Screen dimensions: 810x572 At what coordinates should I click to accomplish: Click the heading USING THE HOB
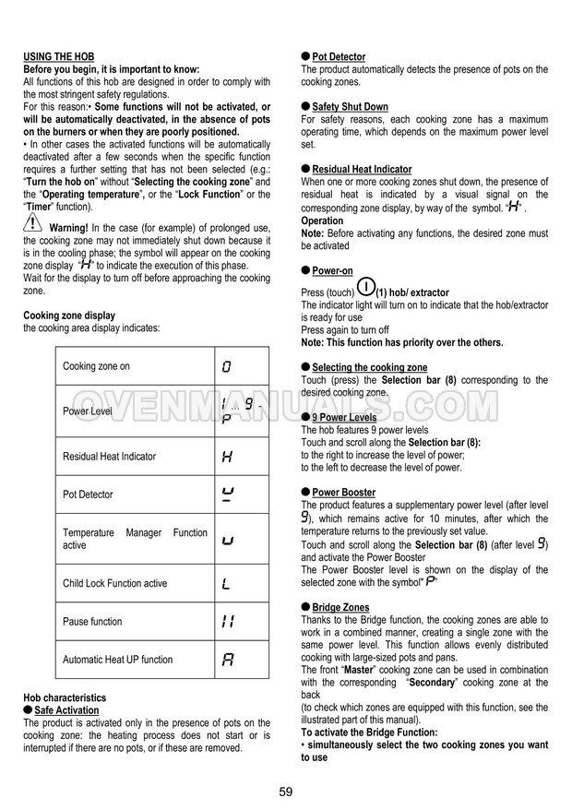pos(58,57)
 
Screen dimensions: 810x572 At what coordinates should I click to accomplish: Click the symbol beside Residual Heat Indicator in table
pos(227,456)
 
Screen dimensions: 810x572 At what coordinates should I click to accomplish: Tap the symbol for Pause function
pos(227,622)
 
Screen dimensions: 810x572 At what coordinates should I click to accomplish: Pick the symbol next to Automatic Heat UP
pos(227,660)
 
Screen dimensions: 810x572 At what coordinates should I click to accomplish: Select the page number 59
pos(285,792)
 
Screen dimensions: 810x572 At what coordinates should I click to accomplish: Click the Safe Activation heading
pos(66,710)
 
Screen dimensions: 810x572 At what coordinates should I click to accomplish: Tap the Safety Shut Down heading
pos(350,107)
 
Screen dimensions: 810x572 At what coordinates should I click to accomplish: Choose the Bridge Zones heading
pos(340,608)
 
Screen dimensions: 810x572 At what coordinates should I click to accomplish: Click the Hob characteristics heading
pos(65,698)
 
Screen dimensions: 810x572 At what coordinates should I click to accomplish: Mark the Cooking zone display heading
pos(69,316)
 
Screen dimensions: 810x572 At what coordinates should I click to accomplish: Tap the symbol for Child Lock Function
pos(227,583)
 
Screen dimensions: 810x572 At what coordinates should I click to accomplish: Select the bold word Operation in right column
pos(322,220)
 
